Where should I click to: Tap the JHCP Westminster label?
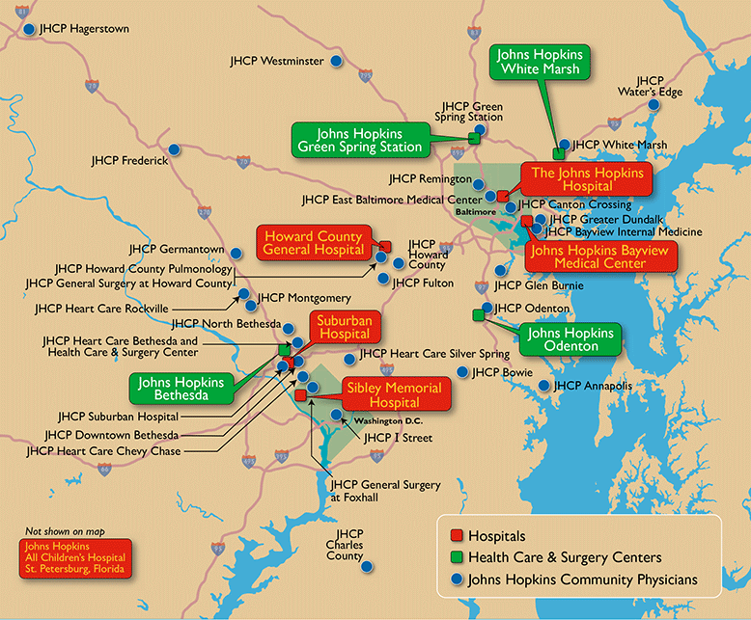point(277,61)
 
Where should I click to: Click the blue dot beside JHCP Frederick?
point(175,148)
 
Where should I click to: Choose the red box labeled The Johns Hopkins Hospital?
point(586,179)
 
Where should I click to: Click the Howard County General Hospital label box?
point(313,243)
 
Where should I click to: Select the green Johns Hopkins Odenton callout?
point(570,339)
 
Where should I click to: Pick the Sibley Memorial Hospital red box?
point(393,394)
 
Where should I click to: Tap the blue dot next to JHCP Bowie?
point(462,371)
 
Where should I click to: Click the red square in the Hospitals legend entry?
point(457,535)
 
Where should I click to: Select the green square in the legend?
point(457,557)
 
